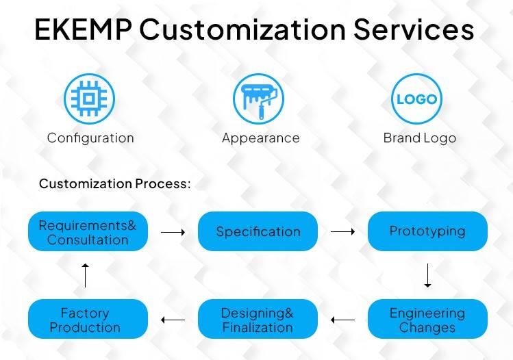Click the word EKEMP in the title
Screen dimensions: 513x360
pyautogui.click(x=83, y=29)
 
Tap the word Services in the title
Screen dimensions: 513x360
pyautogui.click(x=414, y=29)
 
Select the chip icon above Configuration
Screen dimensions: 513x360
pyautogui.click(x=89, y=99)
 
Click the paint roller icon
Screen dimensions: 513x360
pyautogui.click(x=258, y=99)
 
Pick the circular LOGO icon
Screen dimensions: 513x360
pyautogui.click(x=416, y=99)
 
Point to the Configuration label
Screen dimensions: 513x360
pyautogui.click(x=90, y=138)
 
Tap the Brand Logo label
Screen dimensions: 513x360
pyautogui.click(x=420, y=138)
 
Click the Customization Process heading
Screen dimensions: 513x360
pyautogui.click(x=114, y=183)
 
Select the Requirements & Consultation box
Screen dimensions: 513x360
pyautogui.click(x=88, y=231)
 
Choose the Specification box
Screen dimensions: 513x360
pyautogui.click(x=258, y=231)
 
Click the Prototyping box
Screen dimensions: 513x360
pyautogui.click(x=427, y=231)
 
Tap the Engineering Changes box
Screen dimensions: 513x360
pyautogui.click(x=427, y=319)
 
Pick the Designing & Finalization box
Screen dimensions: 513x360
pyautogui.click(x=258, y=319)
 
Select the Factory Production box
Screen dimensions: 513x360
pyautogui.click(x=88, y=319)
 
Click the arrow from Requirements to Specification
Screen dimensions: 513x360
pyautogui.click(x=173, y=232)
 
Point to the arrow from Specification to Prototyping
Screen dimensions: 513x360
pyautogui.click(x=342, y=232)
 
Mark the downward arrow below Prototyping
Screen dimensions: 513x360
pyautogui.click(x=427, y=276)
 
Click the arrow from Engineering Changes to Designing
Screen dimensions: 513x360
pyautogui.click(x=342, y=320)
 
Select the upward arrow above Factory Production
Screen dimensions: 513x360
pyautogui.click(x=86, y=276)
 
